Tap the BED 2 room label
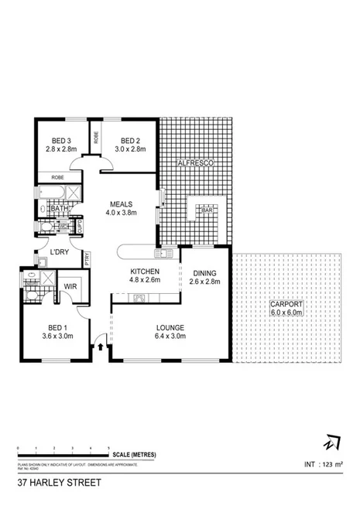[x=129, y=140]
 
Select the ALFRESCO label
[x=194, y=164]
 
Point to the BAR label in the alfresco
[x=207, y=210]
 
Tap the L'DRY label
[x=60, y=253]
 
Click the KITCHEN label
[x=145, y=272]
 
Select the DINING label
[x=204, y=272]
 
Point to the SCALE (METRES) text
[x=132, y=455]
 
